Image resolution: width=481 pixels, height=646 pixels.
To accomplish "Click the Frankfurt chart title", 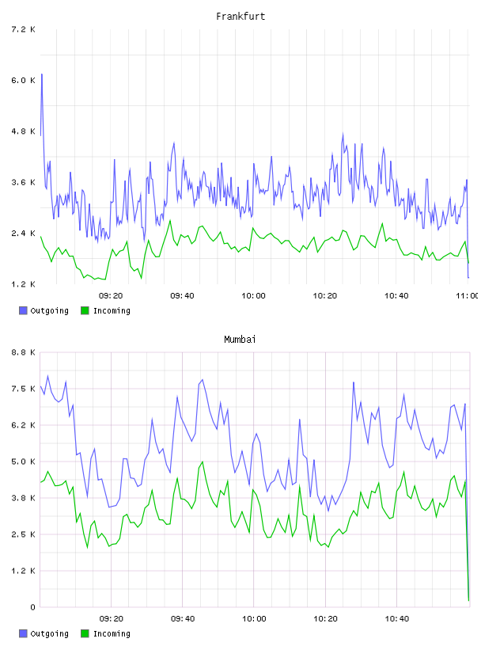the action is click(240, 16).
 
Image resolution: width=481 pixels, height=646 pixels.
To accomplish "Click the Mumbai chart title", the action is click(240, 339).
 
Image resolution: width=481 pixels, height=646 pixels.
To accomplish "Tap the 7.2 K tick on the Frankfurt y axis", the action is click(23, 29).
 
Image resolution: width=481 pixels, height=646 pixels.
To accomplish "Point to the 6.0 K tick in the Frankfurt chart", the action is click(23, 80).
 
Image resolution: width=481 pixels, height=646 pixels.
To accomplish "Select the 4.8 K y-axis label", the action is click(23, 131).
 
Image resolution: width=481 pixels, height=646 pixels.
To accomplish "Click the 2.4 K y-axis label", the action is click(23, 234).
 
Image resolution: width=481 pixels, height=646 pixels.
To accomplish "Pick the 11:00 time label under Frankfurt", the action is click(468, 295).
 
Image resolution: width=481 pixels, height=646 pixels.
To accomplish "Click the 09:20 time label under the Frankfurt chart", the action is click(111, 295).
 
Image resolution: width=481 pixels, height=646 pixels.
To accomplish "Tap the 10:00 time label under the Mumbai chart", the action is click(254, 618).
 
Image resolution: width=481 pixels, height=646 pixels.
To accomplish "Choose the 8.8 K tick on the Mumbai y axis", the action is click(23, 352).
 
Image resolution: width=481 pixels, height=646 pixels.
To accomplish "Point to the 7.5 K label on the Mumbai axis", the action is click(23, 389).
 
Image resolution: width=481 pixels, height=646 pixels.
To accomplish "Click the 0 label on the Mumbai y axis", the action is click(32, 607).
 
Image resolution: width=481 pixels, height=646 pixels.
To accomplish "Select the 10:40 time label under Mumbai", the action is click(397, 618).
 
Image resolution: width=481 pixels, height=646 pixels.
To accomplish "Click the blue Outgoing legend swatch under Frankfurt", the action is click(23, 310).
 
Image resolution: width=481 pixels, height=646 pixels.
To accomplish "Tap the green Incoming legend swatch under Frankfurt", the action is click(85, 310).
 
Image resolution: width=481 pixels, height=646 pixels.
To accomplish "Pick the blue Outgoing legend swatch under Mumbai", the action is click(23, 633).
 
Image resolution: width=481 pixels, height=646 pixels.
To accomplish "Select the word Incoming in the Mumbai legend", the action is click(112, 633).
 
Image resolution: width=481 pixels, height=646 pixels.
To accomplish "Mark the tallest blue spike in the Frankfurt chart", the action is click(42, 74).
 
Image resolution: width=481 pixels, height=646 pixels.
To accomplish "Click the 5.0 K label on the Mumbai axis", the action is click(23, 462).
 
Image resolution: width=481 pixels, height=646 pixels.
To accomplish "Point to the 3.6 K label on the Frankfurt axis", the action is click(23, 182).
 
